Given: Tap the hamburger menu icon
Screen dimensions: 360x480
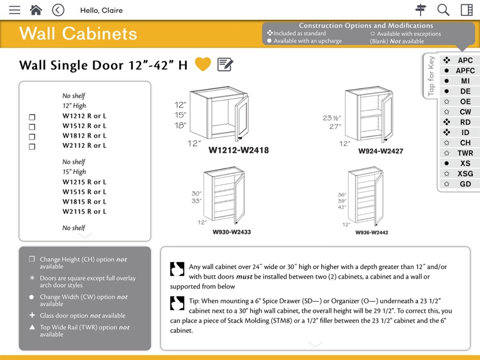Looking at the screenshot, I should click(x=14, y=10).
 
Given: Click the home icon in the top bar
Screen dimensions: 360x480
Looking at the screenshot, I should click(x=36, y=10).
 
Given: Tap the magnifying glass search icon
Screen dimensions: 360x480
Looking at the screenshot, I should click(x=444, y=10).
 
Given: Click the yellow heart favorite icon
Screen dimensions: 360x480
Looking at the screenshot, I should click(x=203, y=64).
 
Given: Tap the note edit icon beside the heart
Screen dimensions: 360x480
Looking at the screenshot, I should click(x=225, y=64).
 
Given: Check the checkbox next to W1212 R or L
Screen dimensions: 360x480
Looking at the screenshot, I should click(x=32, y=117).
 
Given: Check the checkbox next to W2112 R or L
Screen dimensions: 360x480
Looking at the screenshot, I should click(x=32, y=146).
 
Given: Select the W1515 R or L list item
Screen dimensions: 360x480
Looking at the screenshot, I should click(x=84, y=192).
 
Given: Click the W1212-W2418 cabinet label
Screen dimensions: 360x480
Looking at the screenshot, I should click(x=238, y=151).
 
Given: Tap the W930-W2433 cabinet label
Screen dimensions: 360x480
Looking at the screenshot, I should click(x=232, y=232).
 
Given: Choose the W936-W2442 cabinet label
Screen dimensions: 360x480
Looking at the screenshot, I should click(x=372, y=233).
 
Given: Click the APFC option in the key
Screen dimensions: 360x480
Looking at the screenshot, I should click(x=465, y=71).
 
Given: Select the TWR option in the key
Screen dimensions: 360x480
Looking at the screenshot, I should click(x=465, y=153).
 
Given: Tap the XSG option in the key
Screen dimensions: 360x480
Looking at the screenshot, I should click(x=465, y=174).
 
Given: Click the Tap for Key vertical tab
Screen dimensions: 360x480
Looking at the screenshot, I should click(x=431, y=76).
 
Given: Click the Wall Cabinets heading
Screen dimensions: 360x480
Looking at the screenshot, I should click(x=78, y=34).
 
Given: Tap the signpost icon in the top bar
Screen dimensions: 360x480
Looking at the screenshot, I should click(x=420, y=10).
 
